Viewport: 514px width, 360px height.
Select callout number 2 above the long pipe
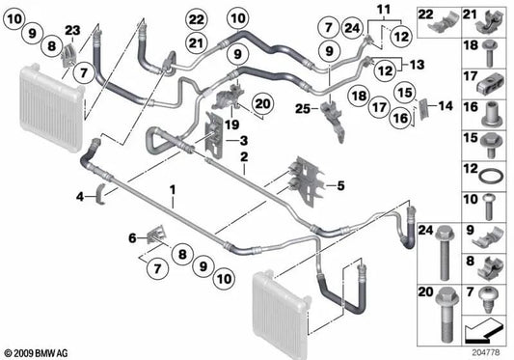(245, 155)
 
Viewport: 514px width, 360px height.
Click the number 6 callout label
(132, 237)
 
